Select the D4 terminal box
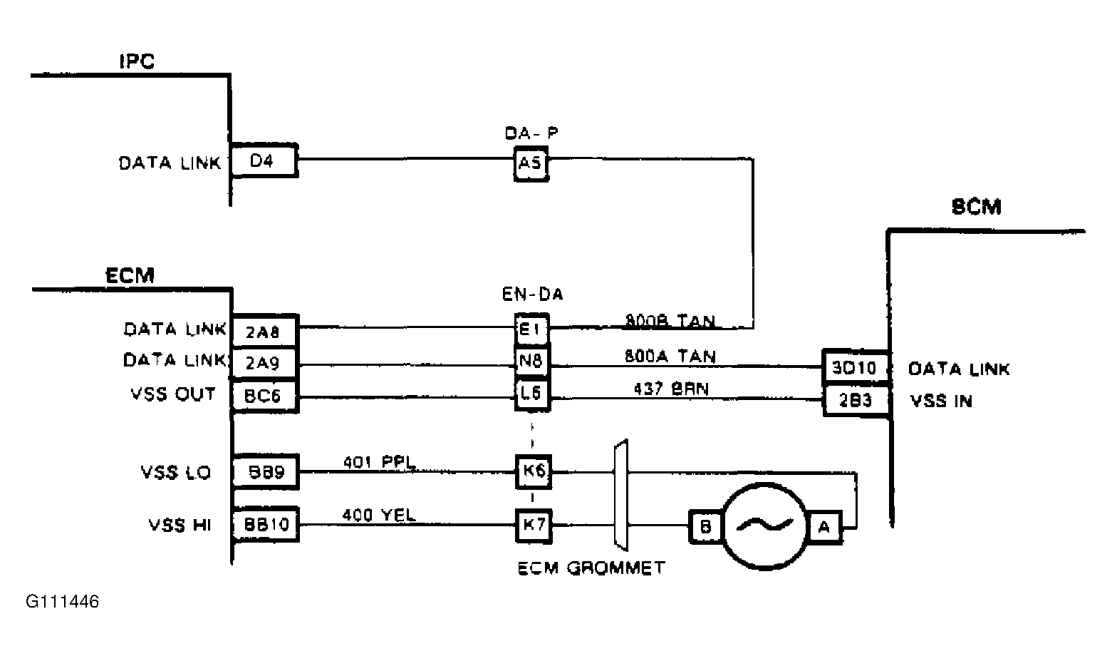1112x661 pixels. (x=264, y=161)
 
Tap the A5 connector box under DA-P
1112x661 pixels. (x=531, y=165)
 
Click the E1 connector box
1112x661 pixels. (x=531, y=329)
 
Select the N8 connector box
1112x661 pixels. (x=531, y=362)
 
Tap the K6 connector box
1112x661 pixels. (x=534, y=471)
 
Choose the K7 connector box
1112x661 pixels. (x=534, y=526)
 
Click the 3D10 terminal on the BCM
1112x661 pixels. (x=855, y=368)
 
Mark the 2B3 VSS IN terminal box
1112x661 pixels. (x=855, y=401)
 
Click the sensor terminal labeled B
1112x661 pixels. (x=705, y=527)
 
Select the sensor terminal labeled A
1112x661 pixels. (x=824, y=527)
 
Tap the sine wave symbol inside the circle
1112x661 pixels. (x=765, y=526)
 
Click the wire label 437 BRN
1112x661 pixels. (x=670, y=389)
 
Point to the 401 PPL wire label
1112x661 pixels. (x=379, y=461)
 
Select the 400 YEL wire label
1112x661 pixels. (x=379, y=515)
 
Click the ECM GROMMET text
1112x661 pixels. (x=591, y=568)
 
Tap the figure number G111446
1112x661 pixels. (x=63, y=602)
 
